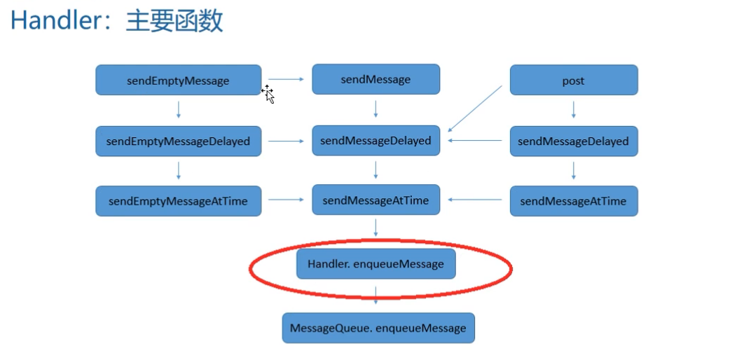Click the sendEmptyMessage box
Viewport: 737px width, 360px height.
[x=178, y=80]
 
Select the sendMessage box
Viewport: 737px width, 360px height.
[x=376, y=79]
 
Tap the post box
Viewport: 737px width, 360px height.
[x=573, y=80]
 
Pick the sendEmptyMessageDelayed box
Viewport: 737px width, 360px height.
[x=178, y=141]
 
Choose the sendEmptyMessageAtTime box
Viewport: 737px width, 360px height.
[x=178, y=201]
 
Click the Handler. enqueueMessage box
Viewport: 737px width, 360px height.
[x=376, y=264]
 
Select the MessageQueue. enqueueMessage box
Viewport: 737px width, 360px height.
[x=378, y=328]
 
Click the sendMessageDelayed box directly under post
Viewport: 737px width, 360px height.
[x=573, y=141]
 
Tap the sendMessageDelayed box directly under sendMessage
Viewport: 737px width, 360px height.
[x=376, y=140]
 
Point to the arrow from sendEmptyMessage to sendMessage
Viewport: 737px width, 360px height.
[x=286, y=79]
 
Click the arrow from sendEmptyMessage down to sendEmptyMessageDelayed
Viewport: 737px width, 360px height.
[x=179, y=110]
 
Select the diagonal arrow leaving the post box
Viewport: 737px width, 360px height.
[x=475, y=108]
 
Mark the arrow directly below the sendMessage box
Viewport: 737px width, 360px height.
[x=376, y=109]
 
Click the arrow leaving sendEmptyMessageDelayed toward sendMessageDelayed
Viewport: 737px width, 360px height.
[x=286, y=141]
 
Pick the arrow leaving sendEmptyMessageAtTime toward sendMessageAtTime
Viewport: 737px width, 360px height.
[x=286, y=200]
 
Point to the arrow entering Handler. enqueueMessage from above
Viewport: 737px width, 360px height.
[x=376, y=228]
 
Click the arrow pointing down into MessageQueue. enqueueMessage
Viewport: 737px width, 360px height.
[x=376, y=294]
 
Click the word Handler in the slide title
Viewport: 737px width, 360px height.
[x=56, y=20]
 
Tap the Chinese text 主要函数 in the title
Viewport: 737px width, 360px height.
[x=174, y=20]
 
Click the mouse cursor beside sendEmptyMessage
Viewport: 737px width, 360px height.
[x=268, y=94]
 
